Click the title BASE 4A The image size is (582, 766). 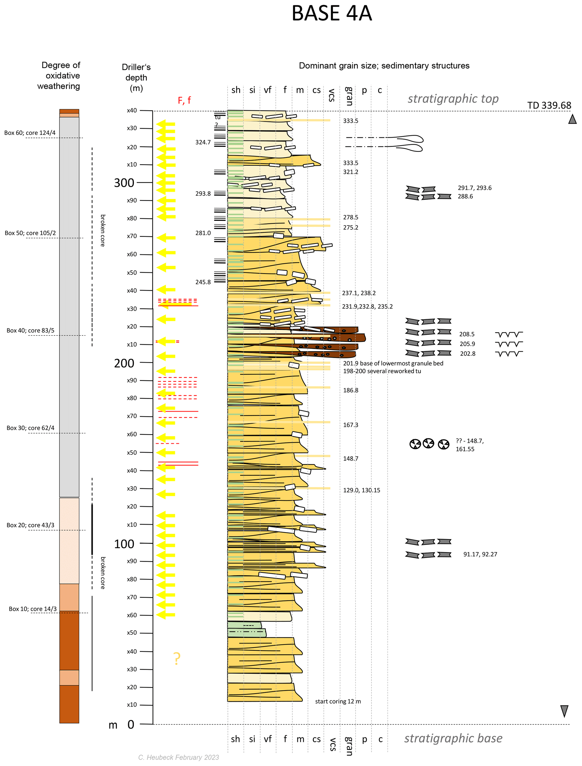pyautogui.click(x=331, y=14)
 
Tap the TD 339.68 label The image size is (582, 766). pyautogui.click(x=549, y=105)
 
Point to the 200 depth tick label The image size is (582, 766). pyautogui.click(x=124, y=363)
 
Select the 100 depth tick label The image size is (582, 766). pyautogui.click(x=124, y=544)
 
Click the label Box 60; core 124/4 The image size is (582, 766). pyautogui.click(x=30, y=133)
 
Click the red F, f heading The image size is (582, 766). pyautogui.click(x=184, y=101)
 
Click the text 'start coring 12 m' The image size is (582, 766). pyautogui.click(x=338, y=701)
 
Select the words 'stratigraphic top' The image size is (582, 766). pyautogui.click(x=453, y=99)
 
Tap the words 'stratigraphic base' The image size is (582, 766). pyautogui.click(x=453, y=738)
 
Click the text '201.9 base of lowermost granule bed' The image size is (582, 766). pyautogui.click(x=393, y=363)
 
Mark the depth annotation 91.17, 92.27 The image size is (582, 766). pyautogui.click(x=480, y=554)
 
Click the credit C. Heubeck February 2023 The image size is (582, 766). pyautogui.click(x=179, y=757)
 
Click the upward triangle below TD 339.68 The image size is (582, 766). pyautogui.click(x=572, y=119)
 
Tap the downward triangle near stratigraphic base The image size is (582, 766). pyautogui.click(x=564, y=711)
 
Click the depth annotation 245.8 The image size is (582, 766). pyautogui.click(x=203, y=282)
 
